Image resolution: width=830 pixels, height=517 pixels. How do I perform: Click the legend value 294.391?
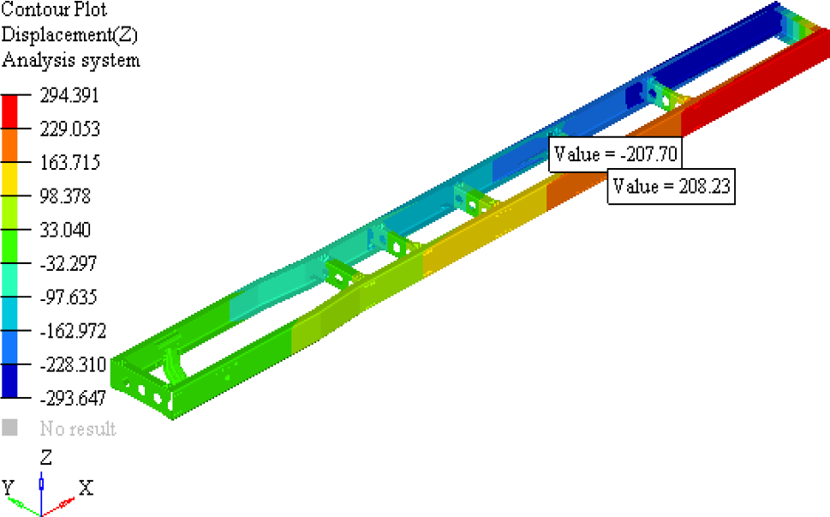pyautogui.click(x=69, y=95)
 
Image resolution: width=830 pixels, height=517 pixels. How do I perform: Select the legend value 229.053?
pyautogui.click(x=69, y=129)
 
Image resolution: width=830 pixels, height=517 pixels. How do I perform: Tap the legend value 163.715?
pyautogui.click(x=69, y=163)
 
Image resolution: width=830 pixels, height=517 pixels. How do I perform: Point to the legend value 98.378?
pyautogui.click(x=66, y=196)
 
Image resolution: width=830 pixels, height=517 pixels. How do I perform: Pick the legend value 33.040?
pyautogui.click(x=66, y=230)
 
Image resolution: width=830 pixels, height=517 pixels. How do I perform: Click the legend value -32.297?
pyautogui.click(x=69, y=264)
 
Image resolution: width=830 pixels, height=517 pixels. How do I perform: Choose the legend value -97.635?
pyautogui.click(x=69, y=298)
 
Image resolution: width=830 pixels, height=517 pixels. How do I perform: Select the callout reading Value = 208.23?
pyautogui.click(x=671, y=186)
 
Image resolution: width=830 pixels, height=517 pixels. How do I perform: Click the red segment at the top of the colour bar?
pyautogui.click(x=9, y=111)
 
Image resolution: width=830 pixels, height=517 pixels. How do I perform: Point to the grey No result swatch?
pyautogui.click(x=9, y=427)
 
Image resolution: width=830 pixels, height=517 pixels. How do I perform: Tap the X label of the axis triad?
pyautogui.click(x=86, y=488)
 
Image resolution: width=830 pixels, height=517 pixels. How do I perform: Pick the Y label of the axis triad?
pyautogui.click(x=9, y=488)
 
